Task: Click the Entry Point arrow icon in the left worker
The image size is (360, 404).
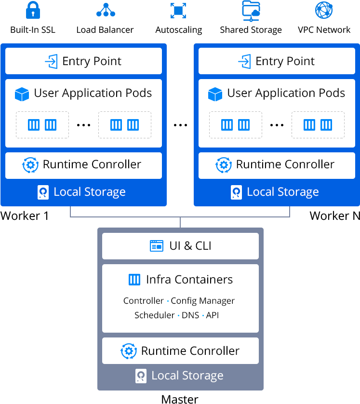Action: coord(51,62)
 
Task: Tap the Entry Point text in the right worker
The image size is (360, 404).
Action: coord(285,62)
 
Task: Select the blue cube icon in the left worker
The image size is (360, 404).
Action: coord(22,94)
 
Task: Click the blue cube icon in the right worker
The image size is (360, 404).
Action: coord(215,94)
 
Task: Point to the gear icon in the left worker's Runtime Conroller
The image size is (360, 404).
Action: coord(30,165)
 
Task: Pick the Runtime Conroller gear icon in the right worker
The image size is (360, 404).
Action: coord(224,165)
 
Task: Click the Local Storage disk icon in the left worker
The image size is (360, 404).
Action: coord(43,192)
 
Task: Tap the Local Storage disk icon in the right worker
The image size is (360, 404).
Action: coord(237,192)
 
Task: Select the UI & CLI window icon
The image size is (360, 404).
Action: coord(157,246)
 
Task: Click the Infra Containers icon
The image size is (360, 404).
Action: coord(134,280)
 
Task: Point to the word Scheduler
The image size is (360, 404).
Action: coord(154,315)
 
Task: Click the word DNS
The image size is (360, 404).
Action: coord(190,315)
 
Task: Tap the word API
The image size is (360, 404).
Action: coord(213,315)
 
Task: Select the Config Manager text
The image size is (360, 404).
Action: coord(203,301)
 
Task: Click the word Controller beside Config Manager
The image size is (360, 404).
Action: coord(144,301)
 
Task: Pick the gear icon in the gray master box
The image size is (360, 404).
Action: coord(129,351)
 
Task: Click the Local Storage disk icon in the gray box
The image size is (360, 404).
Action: coord(141,376)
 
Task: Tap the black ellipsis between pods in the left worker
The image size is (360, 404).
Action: coord(84,125)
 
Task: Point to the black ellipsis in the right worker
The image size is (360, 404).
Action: coord(277,125)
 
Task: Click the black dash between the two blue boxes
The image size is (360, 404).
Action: coord(180,125)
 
